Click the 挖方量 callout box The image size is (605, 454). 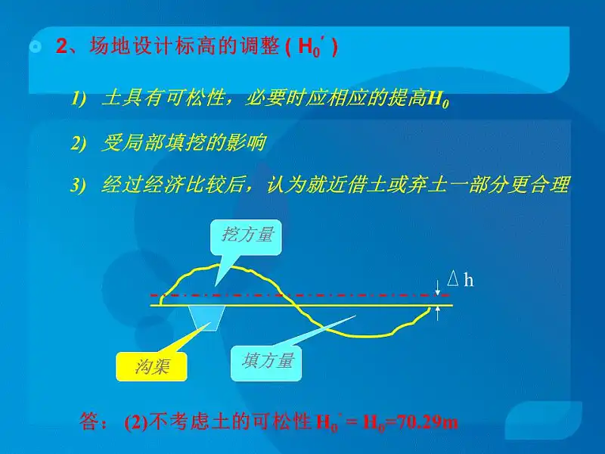click(x=246, y=238)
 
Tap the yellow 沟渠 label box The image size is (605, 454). click(x=152, y=366)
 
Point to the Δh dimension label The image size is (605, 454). click(x=461, y=278)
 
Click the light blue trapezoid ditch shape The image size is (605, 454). click(x=206, y=318)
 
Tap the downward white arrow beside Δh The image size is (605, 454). click(x=438, y=288)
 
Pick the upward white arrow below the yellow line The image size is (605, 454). click(x=438, y=313)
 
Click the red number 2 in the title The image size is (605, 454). click(x=62, y=46)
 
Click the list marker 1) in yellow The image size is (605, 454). click(x=78, y=99)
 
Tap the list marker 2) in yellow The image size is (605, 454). click(x=78, y=143)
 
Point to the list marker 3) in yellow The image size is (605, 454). click(x=78, y=185)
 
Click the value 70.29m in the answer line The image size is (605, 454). click(x=427, y=421)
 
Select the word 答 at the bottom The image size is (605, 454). click(x=89, y=421)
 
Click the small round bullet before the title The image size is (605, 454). click(x=36, y=47)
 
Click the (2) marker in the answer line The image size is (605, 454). click(x=136, y=422)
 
